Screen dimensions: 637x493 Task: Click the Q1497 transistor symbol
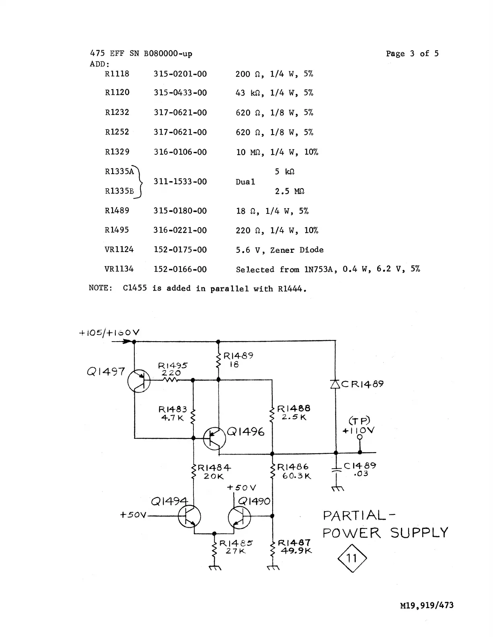139,381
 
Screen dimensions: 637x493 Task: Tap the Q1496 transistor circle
215,438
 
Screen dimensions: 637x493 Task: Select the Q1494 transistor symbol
189,516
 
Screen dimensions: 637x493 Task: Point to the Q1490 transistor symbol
239,517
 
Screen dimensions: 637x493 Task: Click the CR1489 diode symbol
335,385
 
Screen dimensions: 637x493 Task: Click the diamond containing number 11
352,558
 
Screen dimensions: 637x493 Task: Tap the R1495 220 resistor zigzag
171,380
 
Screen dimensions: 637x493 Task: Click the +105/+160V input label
109,333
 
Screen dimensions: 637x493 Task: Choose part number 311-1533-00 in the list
180,182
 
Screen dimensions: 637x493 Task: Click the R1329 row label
117,152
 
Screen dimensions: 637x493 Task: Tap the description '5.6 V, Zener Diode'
279,250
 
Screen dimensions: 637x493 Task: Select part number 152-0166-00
180,269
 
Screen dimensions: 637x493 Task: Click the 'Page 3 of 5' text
412,54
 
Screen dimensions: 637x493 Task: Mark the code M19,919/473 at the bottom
427,605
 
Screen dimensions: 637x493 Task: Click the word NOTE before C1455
100,288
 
